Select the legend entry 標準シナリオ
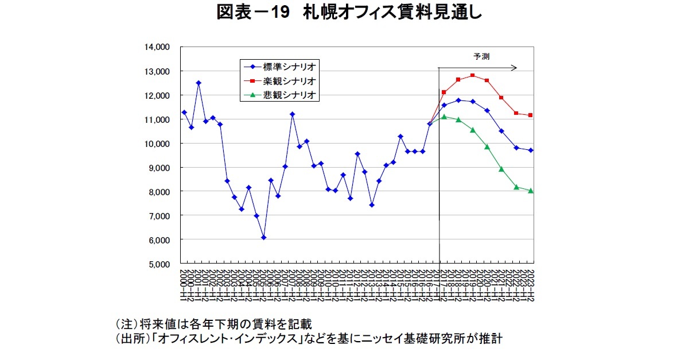[290, 66]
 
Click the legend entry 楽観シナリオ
[290, 80]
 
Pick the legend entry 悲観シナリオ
[290, 95]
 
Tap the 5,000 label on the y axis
[158, 264]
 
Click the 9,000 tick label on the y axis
[158, 168]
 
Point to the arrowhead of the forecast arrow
[515, 68]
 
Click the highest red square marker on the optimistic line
[472, 75]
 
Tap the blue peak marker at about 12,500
[199, 83]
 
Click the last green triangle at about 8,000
[531, 191]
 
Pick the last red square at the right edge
[531, 115]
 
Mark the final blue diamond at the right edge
[531, 150]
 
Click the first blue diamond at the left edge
[184, 113]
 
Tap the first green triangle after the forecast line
[444, 117]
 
